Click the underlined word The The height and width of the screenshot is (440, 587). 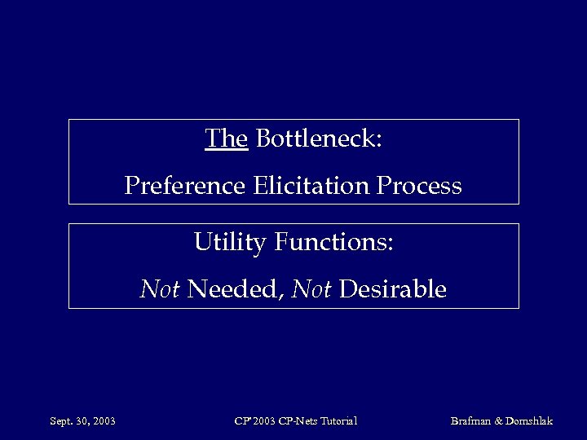226,139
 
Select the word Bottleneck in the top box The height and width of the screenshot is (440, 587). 319,139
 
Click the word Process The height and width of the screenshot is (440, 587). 419,187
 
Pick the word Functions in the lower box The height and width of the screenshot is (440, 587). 334,243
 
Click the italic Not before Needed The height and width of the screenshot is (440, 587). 160,289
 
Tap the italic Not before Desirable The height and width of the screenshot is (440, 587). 311,289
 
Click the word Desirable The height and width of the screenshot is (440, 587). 392,289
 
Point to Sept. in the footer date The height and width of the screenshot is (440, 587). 61,421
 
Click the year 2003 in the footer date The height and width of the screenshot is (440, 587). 104,421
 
